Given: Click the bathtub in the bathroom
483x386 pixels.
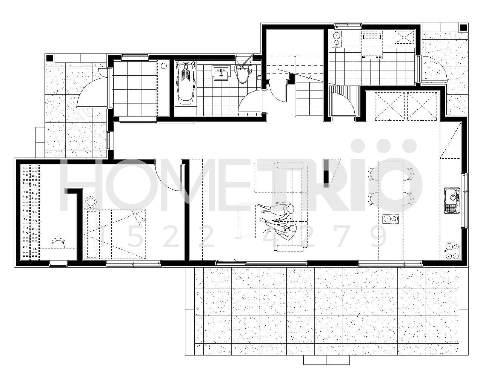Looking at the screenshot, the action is tap(186, 83).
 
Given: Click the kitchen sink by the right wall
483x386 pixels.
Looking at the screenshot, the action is tap(452, 201).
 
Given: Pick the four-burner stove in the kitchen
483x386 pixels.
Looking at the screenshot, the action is tap(452, 251).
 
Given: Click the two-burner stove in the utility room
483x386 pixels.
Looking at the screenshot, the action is tap(336, 39).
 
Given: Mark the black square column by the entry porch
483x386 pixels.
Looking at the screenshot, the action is tap(49, 58).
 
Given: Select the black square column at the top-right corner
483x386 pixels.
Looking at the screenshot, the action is tap(463, 28).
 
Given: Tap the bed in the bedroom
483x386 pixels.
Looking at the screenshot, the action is tap(115, 234).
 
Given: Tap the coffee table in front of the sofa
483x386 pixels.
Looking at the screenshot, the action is tap(247, 221).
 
